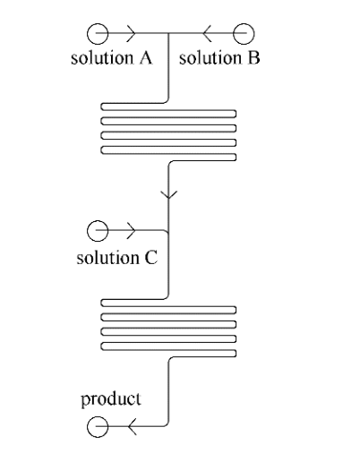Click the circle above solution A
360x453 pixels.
pyautogui.click(x=97, y=34)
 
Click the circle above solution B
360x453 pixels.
pyautogui.click(x=243, y=34)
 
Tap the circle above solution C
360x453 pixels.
pyautogui.click(x=97, y=231)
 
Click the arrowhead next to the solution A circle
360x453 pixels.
pyautogui.click(x=131, y=34)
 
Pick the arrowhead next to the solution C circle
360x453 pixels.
pyautogui.click(x=131, y=231)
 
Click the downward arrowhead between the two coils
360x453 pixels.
pyautogui.click(x=169, y=193)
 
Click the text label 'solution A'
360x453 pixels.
pyautogui.click(x=112, y=60)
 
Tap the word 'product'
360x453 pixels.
pyautogui.click(x=111, y=398)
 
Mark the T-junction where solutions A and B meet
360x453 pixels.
pyautogui.click(x=169, y=34)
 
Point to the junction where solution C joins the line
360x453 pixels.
pyautogui.click(x=169, y=231)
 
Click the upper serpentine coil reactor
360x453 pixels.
pyautogui.click(x=168, y=134)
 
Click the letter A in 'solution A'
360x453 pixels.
pyautogui.click(x=145, y=60)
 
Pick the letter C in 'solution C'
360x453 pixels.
pyautogui.click(x=151, y=259)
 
